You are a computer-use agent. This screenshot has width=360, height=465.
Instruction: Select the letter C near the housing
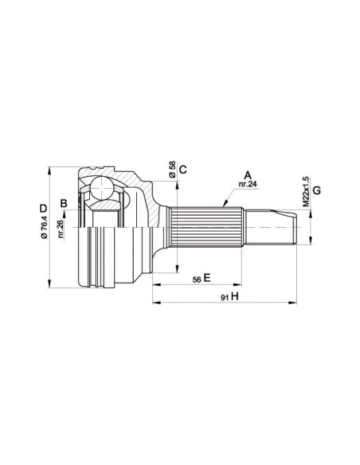pos(182,168)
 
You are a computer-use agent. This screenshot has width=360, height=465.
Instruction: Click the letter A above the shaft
pos(247,174)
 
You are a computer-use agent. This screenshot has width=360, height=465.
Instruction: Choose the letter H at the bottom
pos(236,297)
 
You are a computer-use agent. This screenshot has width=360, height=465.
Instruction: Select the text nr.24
pos(247,185)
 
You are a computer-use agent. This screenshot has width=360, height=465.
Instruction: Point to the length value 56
pos(195,279)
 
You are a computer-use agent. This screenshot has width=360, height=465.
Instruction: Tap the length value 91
pos(225,297)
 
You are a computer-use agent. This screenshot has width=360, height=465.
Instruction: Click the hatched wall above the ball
pos(119,177)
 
